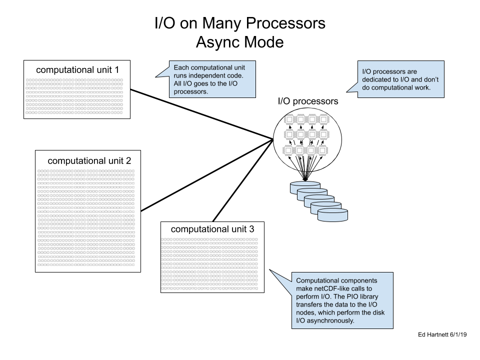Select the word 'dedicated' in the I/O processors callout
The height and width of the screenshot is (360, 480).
pos(378,80)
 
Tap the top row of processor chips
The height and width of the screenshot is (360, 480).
pos(306,119)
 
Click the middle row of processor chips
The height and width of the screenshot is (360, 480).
pos(306,134)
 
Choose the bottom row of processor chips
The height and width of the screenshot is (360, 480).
pos(305,150)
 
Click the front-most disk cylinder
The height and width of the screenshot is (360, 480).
pos(332,215)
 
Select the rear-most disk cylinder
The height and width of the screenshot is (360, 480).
pos(305,186)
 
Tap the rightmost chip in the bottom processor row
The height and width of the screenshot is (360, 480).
pos(322,150)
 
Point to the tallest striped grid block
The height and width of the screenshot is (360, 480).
pos(86,217)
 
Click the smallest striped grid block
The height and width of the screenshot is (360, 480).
pos(74,96)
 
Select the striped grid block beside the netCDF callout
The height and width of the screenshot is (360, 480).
pos(209,263)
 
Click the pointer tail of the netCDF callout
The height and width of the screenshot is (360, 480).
pos(273,273)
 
